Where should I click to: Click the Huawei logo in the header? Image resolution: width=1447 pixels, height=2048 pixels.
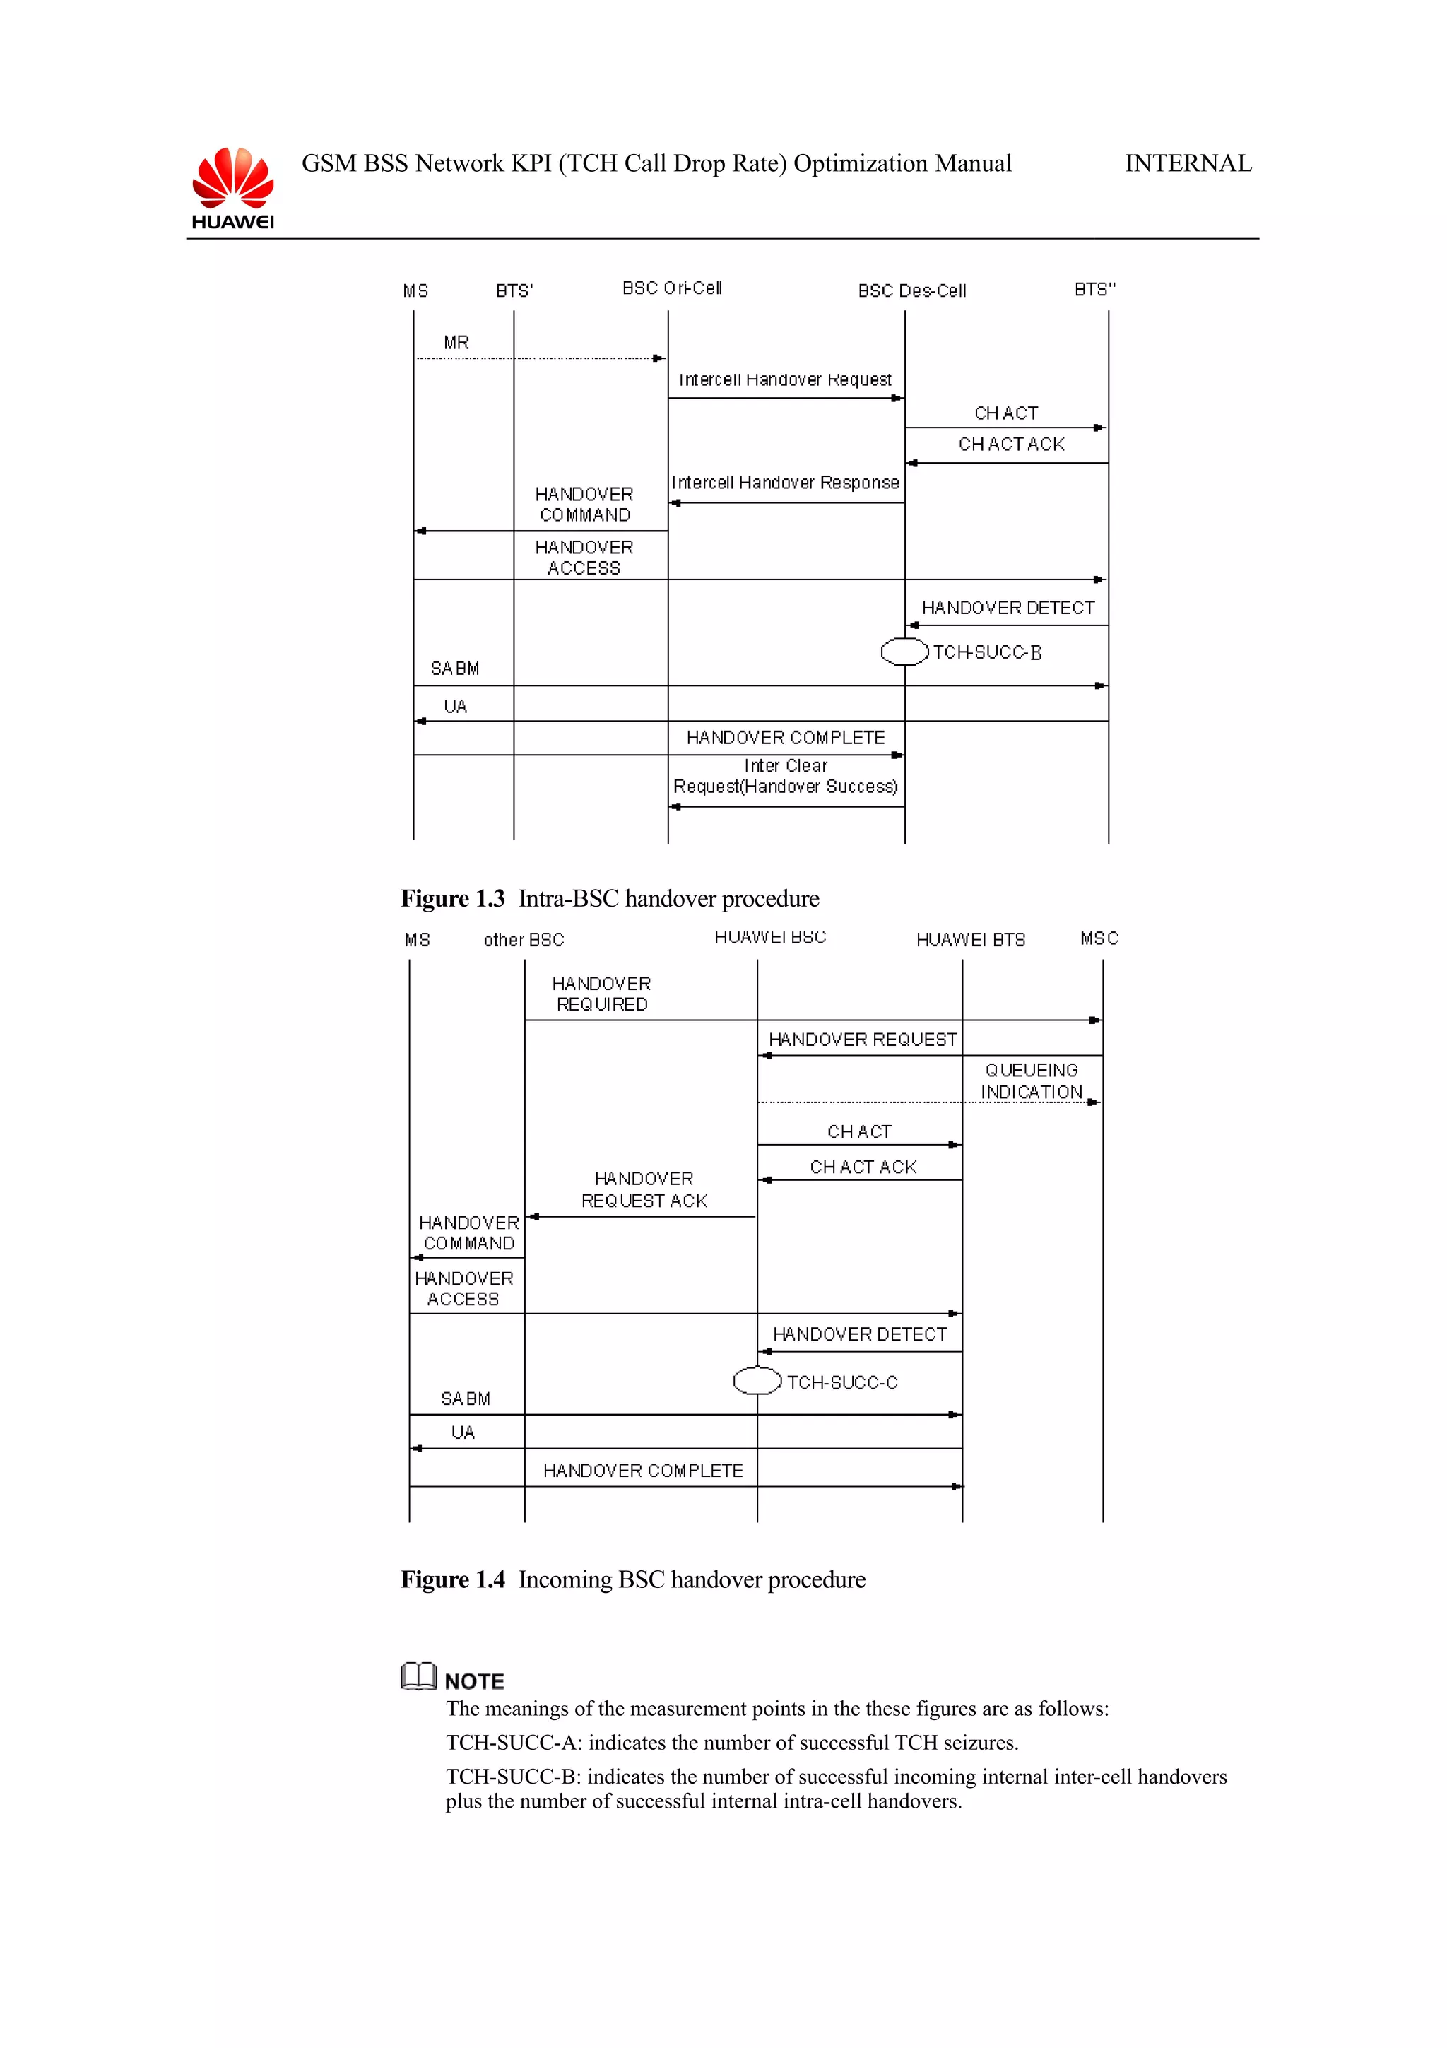coord(232,187)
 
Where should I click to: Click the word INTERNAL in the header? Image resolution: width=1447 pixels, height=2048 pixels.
coord(1188,163)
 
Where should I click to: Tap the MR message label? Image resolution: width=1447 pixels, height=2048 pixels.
coord(456,343)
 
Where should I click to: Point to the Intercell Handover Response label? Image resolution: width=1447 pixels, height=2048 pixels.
coord(784,483)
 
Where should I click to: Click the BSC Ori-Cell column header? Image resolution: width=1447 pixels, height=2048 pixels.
coord(671,288)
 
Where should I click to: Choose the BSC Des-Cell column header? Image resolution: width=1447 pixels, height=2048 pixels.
coord(911,290)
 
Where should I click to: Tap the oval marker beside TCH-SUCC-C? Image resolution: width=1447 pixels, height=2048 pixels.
coord(757,1381)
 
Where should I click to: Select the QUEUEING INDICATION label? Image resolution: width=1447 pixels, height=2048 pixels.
coord(1032,1081)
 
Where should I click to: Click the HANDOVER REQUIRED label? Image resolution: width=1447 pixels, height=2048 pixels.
coord(602,994)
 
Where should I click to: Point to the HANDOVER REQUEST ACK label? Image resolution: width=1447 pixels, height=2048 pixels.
coord(644,1190)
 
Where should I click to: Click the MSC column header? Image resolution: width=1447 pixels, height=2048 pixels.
coord(1099,938)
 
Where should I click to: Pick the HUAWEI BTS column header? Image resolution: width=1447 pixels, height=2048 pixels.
coord(970,940)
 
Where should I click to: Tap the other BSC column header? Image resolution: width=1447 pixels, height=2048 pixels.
coord(524,940)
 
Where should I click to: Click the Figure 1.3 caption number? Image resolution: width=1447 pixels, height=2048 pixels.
coord(453,898)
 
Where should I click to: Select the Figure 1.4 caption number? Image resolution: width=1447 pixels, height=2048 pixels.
coord(453,1579)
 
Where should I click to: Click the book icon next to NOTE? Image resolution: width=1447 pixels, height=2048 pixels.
coord(418,1676)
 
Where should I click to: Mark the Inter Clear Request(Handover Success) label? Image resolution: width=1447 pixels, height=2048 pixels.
coord(784,776)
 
